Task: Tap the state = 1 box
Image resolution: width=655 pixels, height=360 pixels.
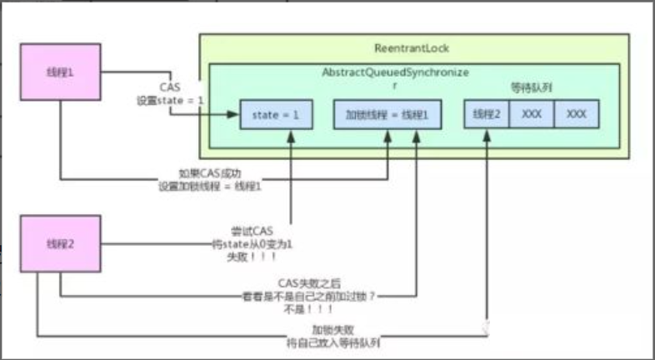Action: coord(276,114)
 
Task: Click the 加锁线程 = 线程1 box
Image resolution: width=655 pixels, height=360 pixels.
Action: coord(387,114)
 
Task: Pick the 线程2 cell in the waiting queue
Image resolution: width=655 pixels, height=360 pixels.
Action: coord(486,114)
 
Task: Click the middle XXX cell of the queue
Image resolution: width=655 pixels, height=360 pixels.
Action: coord(531,114)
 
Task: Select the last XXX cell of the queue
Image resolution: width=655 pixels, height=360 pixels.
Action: coord(576,114)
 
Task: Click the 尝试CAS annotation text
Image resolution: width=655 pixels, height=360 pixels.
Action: coord(252,231)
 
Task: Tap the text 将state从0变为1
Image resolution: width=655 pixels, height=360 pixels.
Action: coord(251,244)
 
